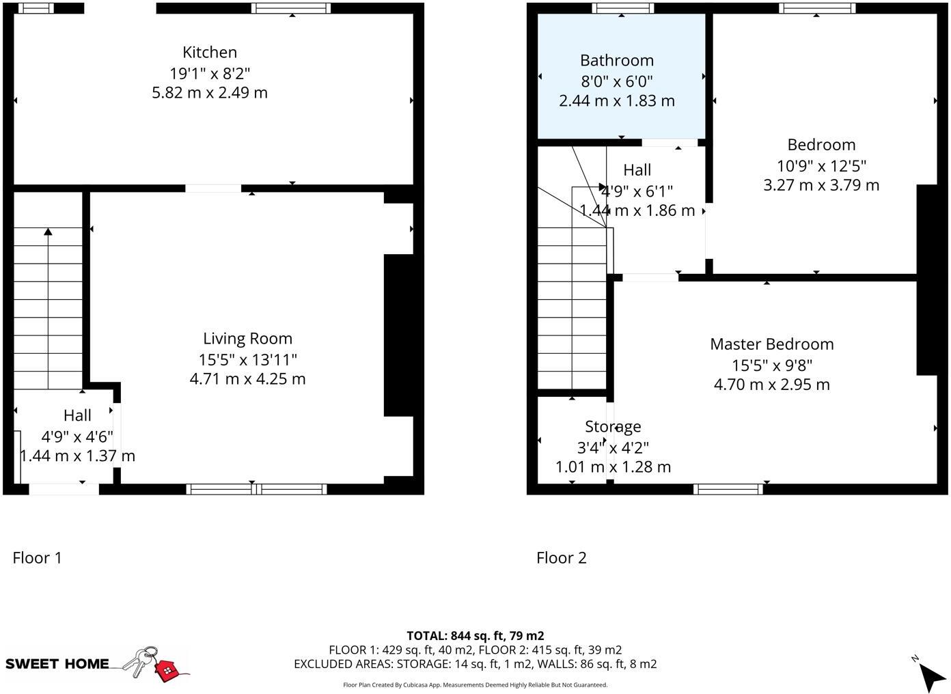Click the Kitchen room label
[x=210, y=52]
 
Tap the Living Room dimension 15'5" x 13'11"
[x=247, y=359]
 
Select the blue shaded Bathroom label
[x=617, y=60]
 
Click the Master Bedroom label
[x=771, y=344]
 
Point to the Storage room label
[x=613, y=426]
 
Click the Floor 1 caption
[x=37, y=558]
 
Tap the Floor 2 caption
[x=561, y=558]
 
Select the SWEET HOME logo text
[x=57, y=663]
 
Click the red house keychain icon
[x=166, y=670]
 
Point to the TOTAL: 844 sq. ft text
[x=475, y=635]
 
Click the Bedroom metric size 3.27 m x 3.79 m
[x=821, y=185]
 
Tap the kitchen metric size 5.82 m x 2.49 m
[x=210, y=92]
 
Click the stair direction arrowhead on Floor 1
[x=48, y=232]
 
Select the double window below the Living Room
[x=256, y=488]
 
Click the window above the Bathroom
[x=622, y=8]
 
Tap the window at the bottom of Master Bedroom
[x=728, y=488]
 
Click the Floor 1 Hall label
[x=77, y=415]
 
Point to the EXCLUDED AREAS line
[x=475, y=663]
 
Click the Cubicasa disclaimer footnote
[x=475, y=684]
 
